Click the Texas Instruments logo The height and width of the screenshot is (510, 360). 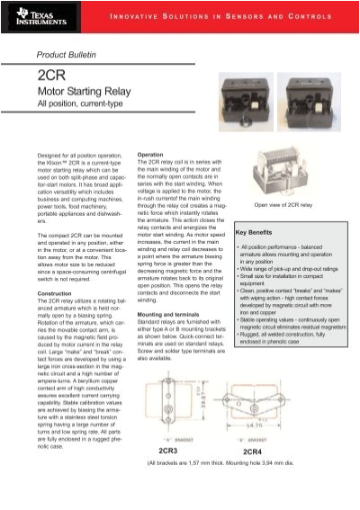click(x=33, y=17)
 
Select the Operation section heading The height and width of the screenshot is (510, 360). click(x=149, y=155)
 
